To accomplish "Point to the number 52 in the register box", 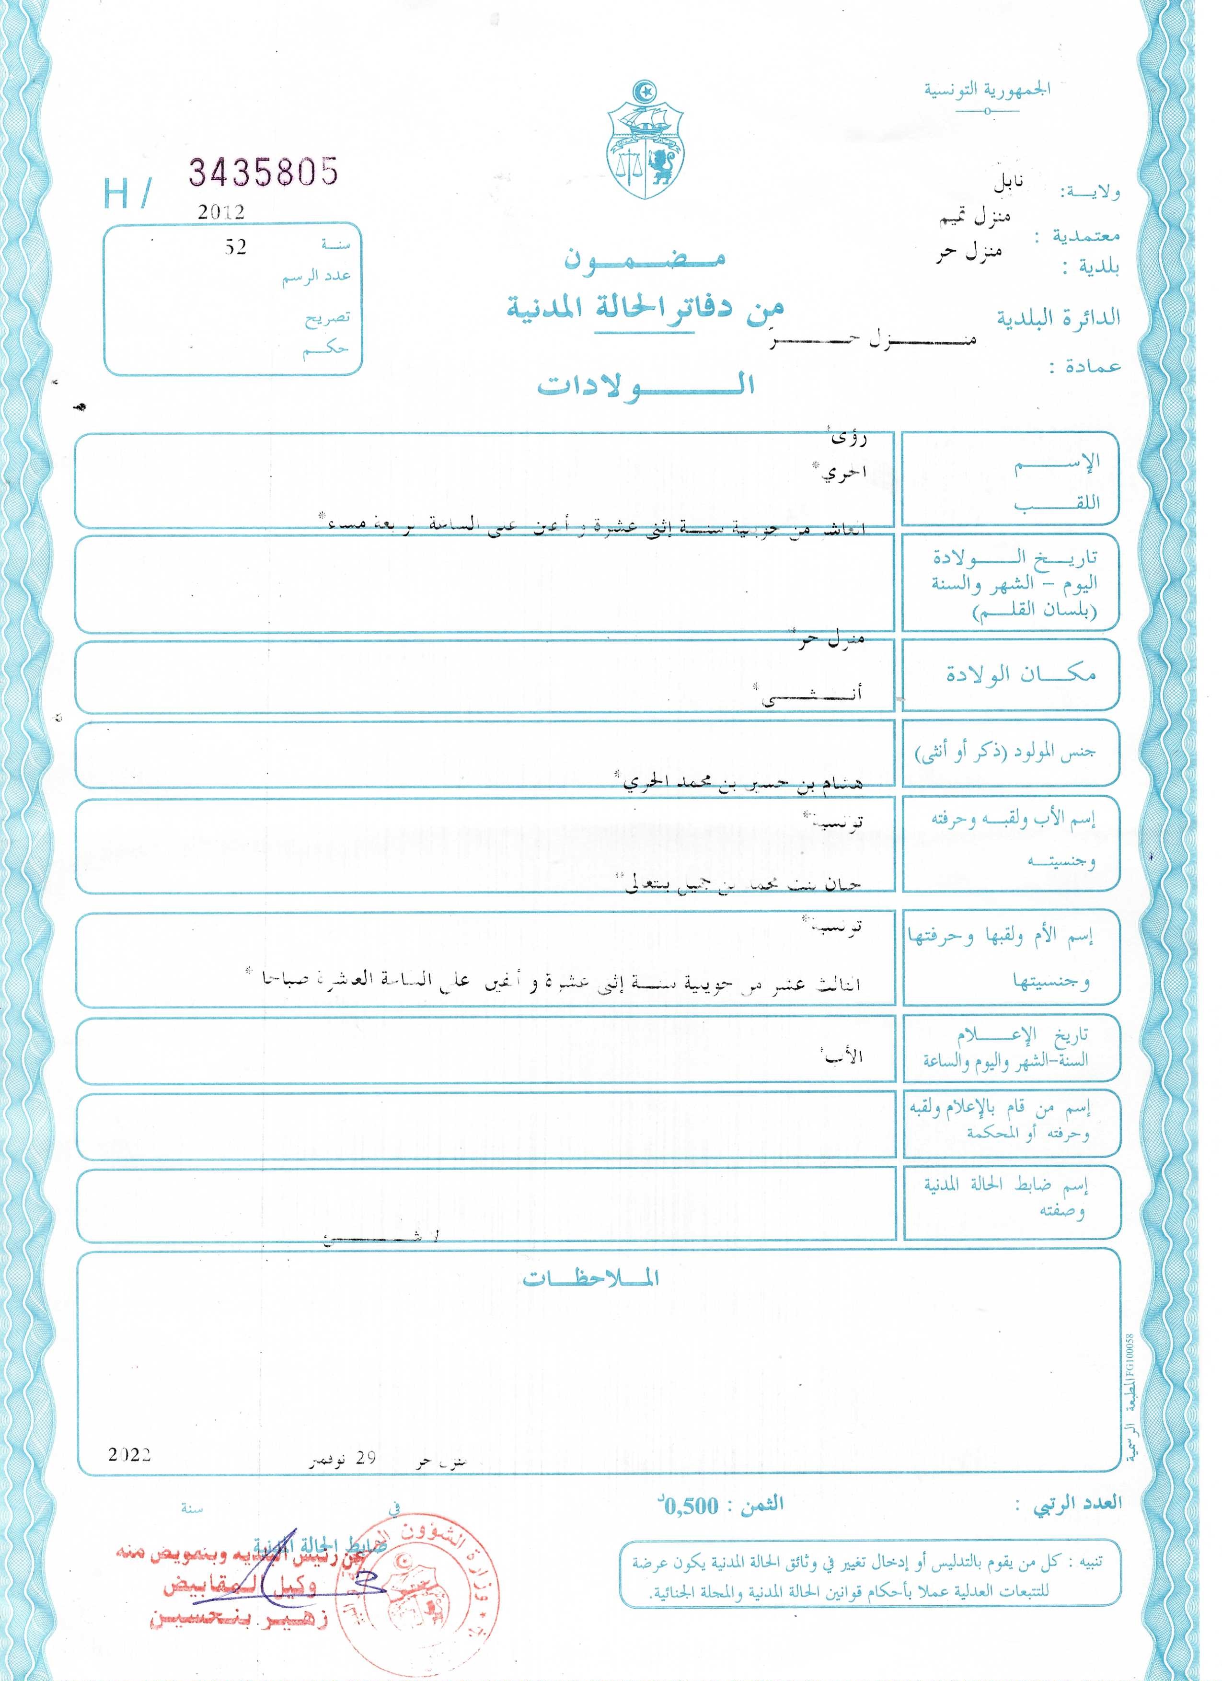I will pyautogui.click(x=236, y=247).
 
